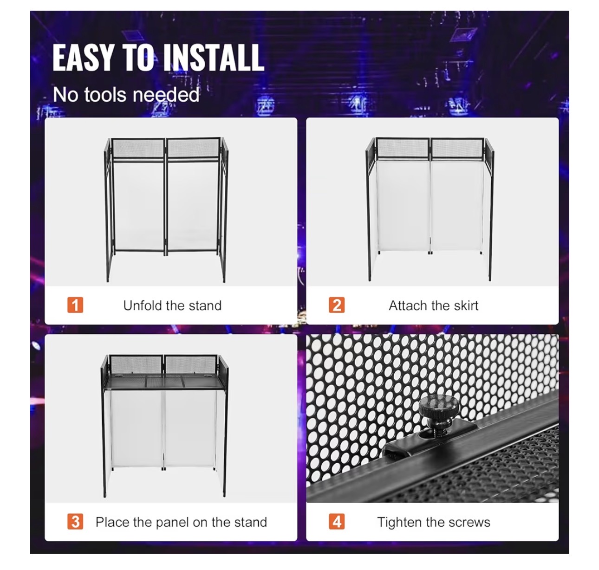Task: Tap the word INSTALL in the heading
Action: tap(214, 58)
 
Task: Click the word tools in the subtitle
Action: tap(105, 95)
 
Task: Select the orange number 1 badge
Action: tap(75, 305)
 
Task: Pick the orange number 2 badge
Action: tap(337, 305)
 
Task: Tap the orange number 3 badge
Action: tap(75, 522)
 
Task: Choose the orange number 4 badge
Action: tap(337, 522)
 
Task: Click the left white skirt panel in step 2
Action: tap(403, 206)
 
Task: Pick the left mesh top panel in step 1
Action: tap(138, 149)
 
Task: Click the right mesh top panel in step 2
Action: tap(457, 149)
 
